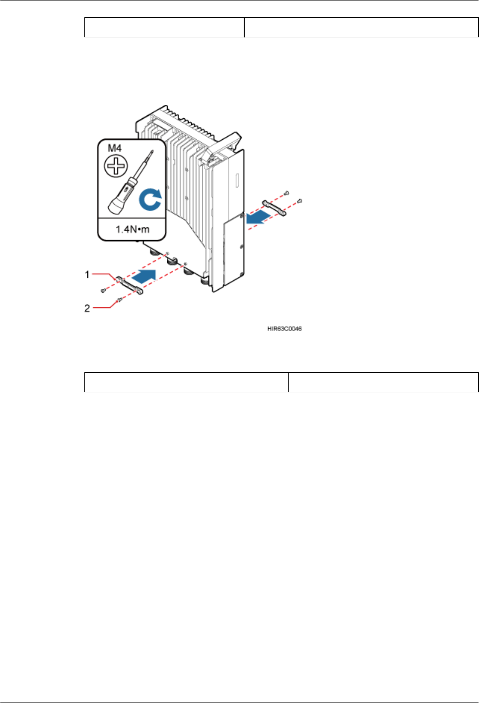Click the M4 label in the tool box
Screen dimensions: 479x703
point(115,148)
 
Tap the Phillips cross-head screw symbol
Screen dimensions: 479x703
point(116,166)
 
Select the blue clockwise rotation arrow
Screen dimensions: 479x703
point(150,199)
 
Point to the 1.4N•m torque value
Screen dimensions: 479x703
point(132,229)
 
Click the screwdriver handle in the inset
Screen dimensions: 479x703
point(119,198)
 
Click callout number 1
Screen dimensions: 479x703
point(87,274)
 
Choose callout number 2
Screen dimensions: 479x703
point(87,308)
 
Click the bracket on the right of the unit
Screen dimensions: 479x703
point(274,207)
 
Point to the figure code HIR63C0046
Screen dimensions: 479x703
point(284,329)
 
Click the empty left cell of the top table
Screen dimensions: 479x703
point(164,27)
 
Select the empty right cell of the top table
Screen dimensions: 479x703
point(361,27)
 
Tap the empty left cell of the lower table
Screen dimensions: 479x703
point(186,382)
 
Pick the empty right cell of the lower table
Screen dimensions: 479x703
point(383,382)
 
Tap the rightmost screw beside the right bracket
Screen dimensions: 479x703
point(299,201)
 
